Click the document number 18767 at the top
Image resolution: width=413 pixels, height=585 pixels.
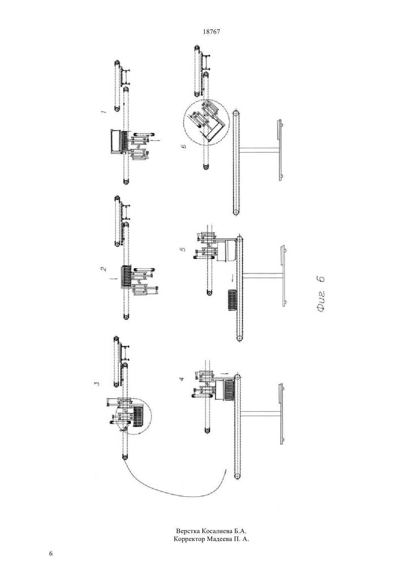coord(211,32)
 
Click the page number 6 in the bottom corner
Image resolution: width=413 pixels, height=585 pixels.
coord(51,554)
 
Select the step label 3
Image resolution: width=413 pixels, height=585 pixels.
coord(97,383)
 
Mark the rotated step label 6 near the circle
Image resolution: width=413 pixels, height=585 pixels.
coord(184,146)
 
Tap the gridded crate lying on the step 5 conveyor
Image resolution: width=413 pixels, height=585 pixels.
coord(232,300)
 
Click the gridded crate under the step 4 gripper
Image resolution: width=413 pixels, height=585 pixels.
coord(229,390)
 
